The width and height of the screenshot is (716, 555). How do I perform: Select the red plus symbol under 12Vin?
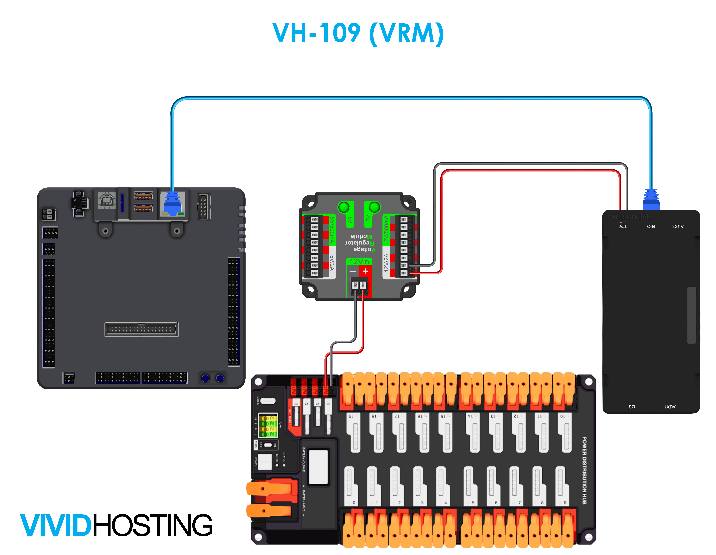pos(365,271)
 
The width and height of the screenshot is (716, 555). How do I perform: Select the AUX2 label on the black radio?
pos(678,226)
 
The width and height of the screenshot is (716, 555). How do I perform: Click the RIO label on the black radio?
pos(651,226)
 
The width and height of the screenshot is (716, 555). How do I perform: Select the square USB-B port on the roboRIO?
pos(107,200)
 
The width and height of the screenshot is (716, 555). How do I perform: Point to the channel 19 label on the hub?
pos(350,416)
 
